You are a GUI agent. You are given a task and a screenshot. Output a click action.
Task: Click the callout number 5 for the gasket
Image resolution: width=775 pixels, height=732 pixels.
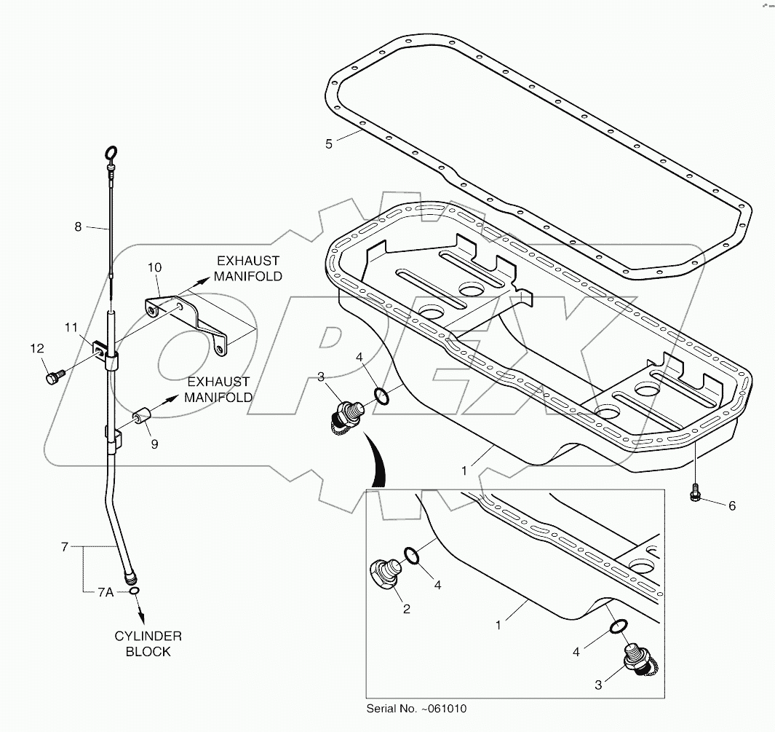tap(329, 144)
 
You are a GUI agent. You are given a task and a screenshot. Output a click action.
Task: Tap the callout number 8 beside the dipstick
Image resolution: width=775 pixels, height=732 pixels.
tap(78, 227)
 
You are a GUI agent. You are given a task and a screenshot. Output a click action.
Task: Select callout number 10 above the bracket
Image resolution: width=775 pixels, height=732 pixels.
tap(154, 268)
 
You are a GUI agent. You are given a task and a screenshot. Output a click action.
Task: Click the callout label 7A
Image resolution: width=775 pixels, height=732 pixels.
tap(106, 592)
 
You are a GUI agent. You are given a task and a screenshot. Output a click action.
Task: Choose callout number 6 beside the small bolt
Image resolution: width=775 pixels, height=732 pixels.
tap(732, 505)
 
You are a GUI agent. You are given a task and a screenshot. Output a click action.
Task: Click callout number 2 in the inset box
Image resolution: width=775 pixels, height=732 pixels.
tap(406, 609)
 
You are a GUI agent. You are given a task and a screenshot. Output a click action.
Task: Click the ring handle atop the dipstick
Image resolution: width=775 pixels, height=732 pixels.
tap(111, 153)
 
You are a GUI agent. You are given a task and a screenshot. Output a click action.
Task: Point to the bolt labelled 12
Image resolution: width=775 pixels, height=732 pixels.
tap(53, 377)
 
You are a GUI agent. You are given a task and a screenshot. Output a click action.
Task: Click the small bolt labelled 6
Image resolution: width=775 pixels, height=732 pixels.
tap(695, 494)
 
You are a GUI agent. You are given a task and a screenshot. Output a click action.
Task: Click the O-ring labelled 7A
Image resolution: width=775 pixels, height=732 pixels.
tap(135, 591)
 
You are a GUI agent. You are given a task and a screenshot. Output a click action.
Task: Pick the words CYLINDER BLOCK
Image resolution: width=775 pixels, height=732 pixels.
tap(148, 644)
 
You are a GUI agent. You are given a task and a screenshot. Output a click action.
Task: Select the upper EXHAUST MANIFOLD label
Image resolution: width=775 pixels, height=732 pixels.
tap(247, 268)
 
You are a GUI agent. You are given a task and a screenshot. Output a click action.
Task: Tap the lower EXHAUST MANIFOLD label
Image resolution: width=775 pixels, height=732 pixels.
tap(218, 389)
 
